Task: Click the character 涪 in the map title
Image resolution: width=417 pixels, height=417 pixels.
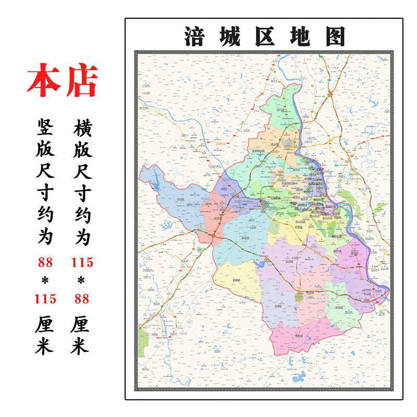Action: coord(194,36)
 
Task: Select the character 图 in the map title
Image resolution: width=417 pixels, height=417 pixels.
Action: coord(334,36)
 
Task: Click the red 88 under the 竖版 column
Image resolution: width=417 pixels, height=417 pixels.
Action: coord(45,262)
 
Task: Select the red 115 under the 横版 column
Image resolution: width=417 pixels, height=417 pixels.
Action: coord(82,262)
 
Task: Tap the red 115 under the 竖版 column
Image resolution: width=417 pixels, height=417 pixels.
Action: coord(45,299)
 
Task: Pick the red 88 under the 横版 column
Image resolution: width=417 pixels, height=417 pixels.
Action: coord(82,299)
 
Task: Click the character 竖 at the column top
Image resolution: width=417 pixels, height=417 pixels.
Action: coord(45,126)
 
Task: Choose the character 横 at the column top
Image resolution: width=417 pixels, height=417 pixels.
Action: coord(82,126)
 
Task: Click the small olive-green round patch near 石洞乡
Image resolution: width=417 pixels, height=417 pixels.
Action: coord(299,297)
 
